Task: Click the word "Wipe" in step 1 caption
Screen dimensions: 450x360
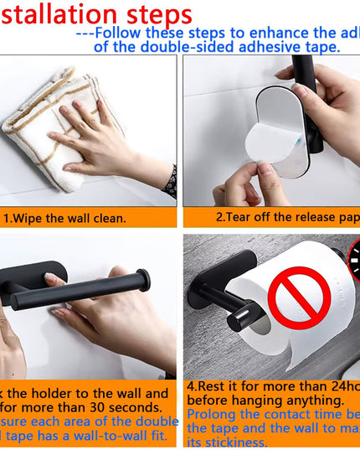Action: pyautogui.click(x=37, y=218)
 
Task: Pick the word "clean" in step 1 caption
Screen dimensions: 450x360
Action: pyautogui.click(x=107, y=218)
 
